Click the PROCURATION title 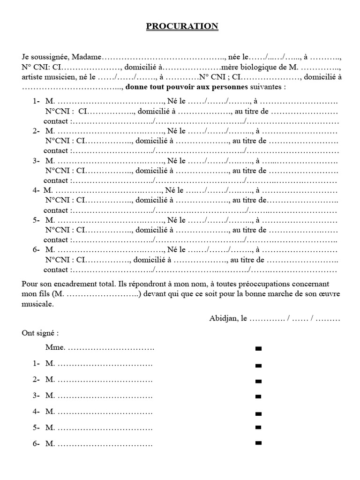coord(182,26)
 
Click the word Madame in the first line coord(86,57)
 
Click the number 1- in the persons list coord(37,101)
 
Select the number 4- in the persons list coord(36,190)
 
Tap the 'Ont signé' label coord(40,333)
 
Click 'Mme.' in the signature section coord(56,348)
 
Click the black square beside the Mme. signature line coord(258,349)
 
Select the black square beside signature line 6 coord(258,442)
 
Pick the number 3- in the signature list coord(37,396)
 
